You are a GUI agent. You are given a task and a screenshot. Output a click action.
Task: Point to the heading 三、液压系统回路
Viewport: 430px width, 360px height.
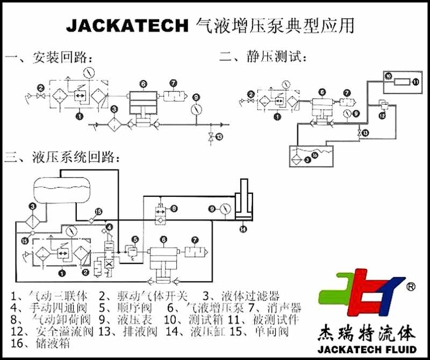coord(62,157)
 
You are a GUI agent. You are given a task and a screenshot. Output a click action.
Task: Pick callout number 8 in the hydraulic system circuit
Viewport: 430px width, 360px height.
coord(174,208)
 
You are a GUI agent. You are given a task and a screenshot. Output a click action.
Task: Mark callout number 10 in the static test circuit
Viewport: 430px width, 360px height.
coord(388,77)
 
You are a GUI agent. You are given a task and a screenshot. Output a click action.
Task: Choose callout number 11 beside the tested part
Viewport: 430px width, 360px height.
coord(415,82)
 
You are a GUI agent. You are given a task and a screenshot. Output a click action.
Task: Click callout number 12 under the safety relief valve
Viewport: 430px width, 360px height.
coord(382,115)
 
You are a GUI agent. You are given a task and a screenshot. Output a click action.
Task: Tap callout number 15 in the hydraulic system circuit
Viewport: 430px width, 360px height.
coord(24,241)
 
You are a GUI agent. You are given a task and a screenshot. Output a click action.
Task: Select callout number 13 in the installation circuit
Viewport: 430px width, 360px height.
coord(218,137)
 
